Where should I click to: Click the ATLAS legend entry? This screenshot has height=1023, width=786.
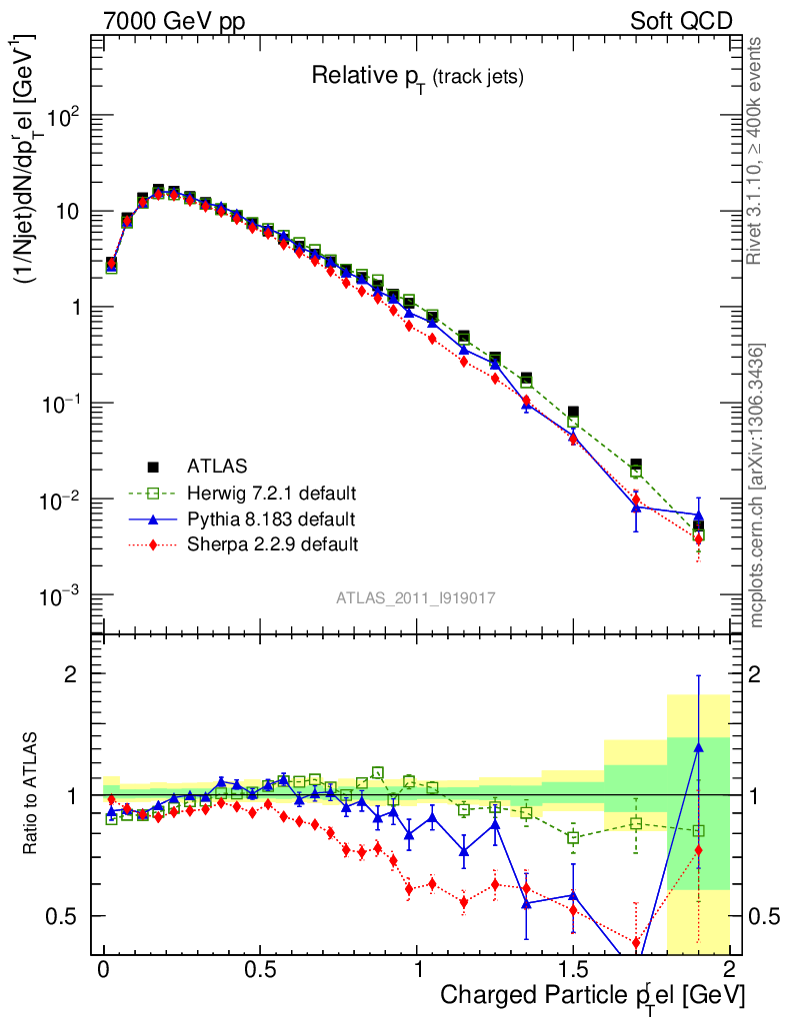coord(215,466)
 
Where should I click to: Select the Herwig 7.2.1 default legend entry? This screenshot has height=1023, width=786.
coord(271,493)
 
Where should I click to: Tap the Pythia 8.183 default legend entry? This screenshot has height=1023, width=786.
coord(270,518)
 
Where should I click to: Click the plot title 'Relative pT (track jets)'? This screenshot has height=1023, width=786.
coord(417,75)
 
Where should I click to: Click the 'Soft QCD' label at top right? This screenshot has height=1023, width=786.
coord(681,21)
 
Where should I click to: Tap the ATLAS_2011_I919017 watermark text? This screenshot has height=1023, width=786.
coord(415,597)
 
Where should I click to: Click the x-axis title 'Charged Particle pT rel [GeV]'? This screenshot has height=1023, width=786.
coord(593,995)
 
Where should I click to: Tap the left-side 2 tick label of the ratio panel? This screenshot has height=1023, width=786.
coord(72,674)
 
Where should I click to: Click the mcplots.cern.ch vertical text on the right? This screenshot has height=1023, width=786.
coord(757,486)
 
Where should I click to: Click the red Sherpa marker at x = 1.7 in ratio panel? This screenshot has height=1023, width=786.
coord(636,941)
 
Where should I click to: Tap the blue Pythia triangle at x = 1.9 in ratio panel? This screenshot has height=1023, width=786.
coord(698,746)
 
